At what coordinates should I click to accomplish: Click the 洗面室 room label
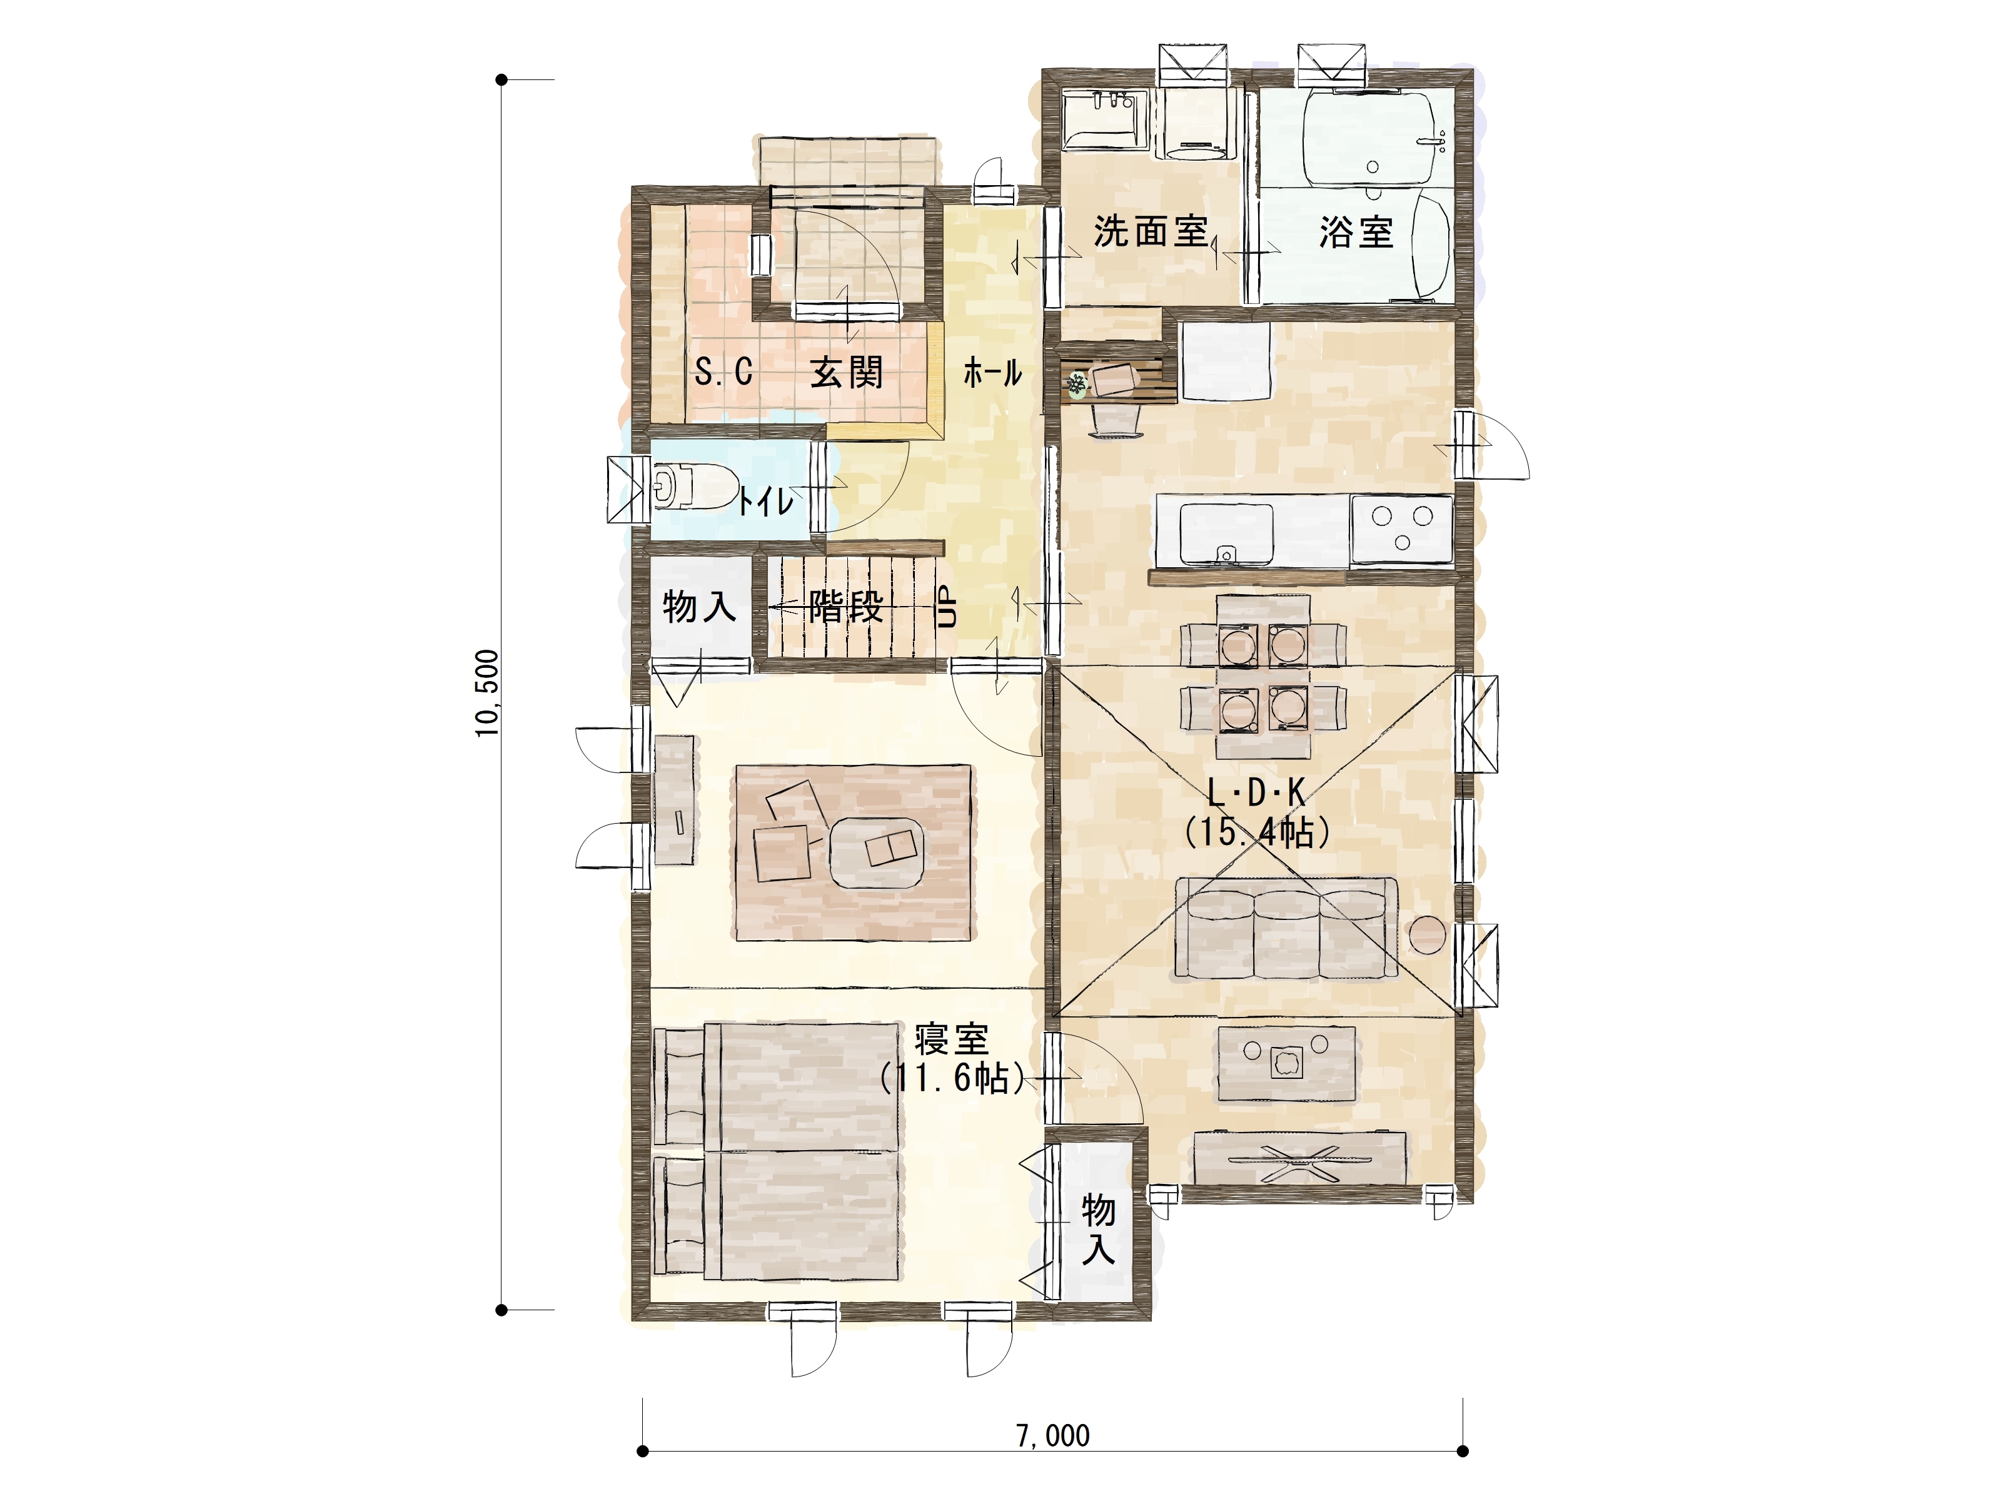click(1151, 231)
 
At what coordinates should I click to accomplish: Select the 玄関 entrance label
click(846, 372)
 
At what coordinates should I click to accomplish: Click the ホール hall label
click(992, 372)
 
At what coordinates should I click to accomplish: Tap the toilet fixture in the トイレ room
click(692, 487)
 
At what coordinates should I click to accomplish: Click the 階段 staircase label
click(846, 606)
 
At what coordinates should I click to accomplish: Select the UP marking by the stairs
click(946, 606)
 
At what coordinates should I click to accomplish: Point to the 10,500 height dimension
click(486, 693)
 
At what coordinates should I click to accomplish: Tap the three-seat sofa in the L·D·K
click(1286, 928)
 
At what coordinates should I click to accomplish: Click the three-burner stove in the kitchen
click(1401, 528)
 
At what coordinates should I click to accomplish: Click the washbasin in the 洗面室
click(1104, 119)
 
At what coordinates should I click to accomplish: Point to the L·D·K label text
click(1256, 794)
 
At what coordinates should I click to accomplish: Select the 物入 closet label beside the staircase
click(699, 606)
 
